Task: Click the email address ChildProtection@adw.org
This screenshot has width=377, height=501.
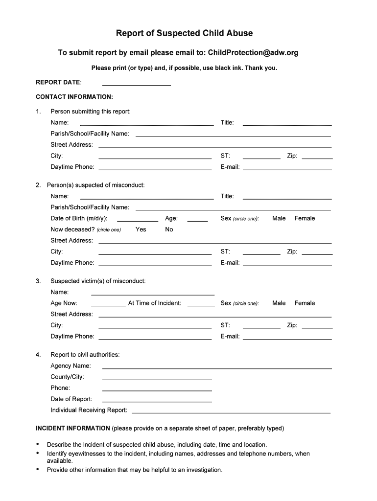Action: click(x=253, y=52)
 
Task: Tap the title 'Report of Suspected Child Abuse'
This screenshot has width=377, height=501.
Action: click(x=184, y=33)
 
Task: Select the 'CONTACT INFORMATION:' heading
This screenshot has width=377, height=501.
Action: click(x=74, y=97)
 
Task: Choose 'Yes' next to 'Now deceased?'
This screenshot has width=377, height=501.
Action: click(x=141, y=229)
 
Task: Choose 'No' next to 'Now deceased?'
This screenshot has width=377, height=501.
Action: click(x=169, y=229)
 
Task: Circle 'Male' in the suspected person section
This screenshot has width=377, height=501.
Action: click(x=279, y=218)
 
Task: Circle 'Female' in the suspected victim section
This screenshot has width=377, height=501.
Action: click(x=305, y=303)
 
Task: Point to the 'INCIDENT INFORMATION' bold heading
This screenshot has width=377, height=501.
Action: click(x=73, y=428)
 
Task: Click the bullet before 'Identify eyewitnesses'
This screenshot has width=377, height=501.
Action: click(x=38, y=454)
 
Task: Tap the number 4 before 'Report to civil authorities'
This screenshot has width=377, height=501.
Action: click(x=38, y=354)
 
